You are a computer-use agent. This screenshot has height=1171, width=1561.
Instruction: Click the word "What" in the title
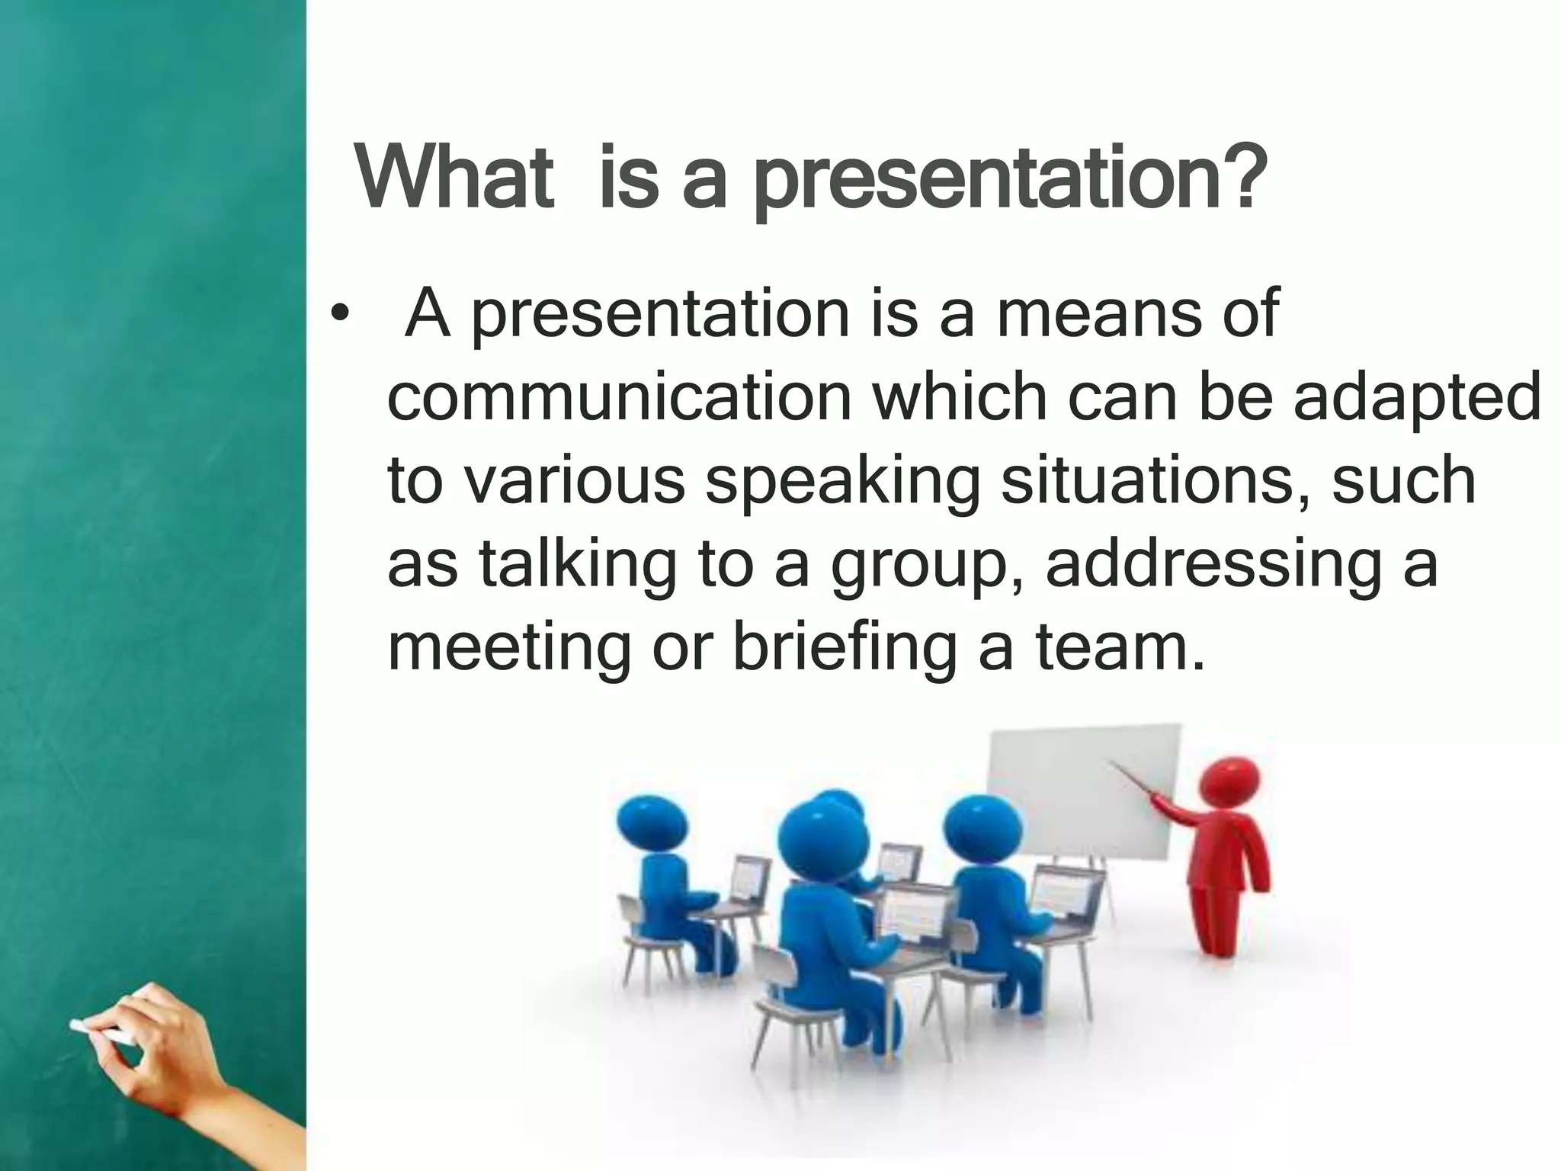(454, 179)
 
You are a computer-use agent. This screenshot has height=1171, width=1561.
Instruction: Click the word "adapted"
(1417, 399)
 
